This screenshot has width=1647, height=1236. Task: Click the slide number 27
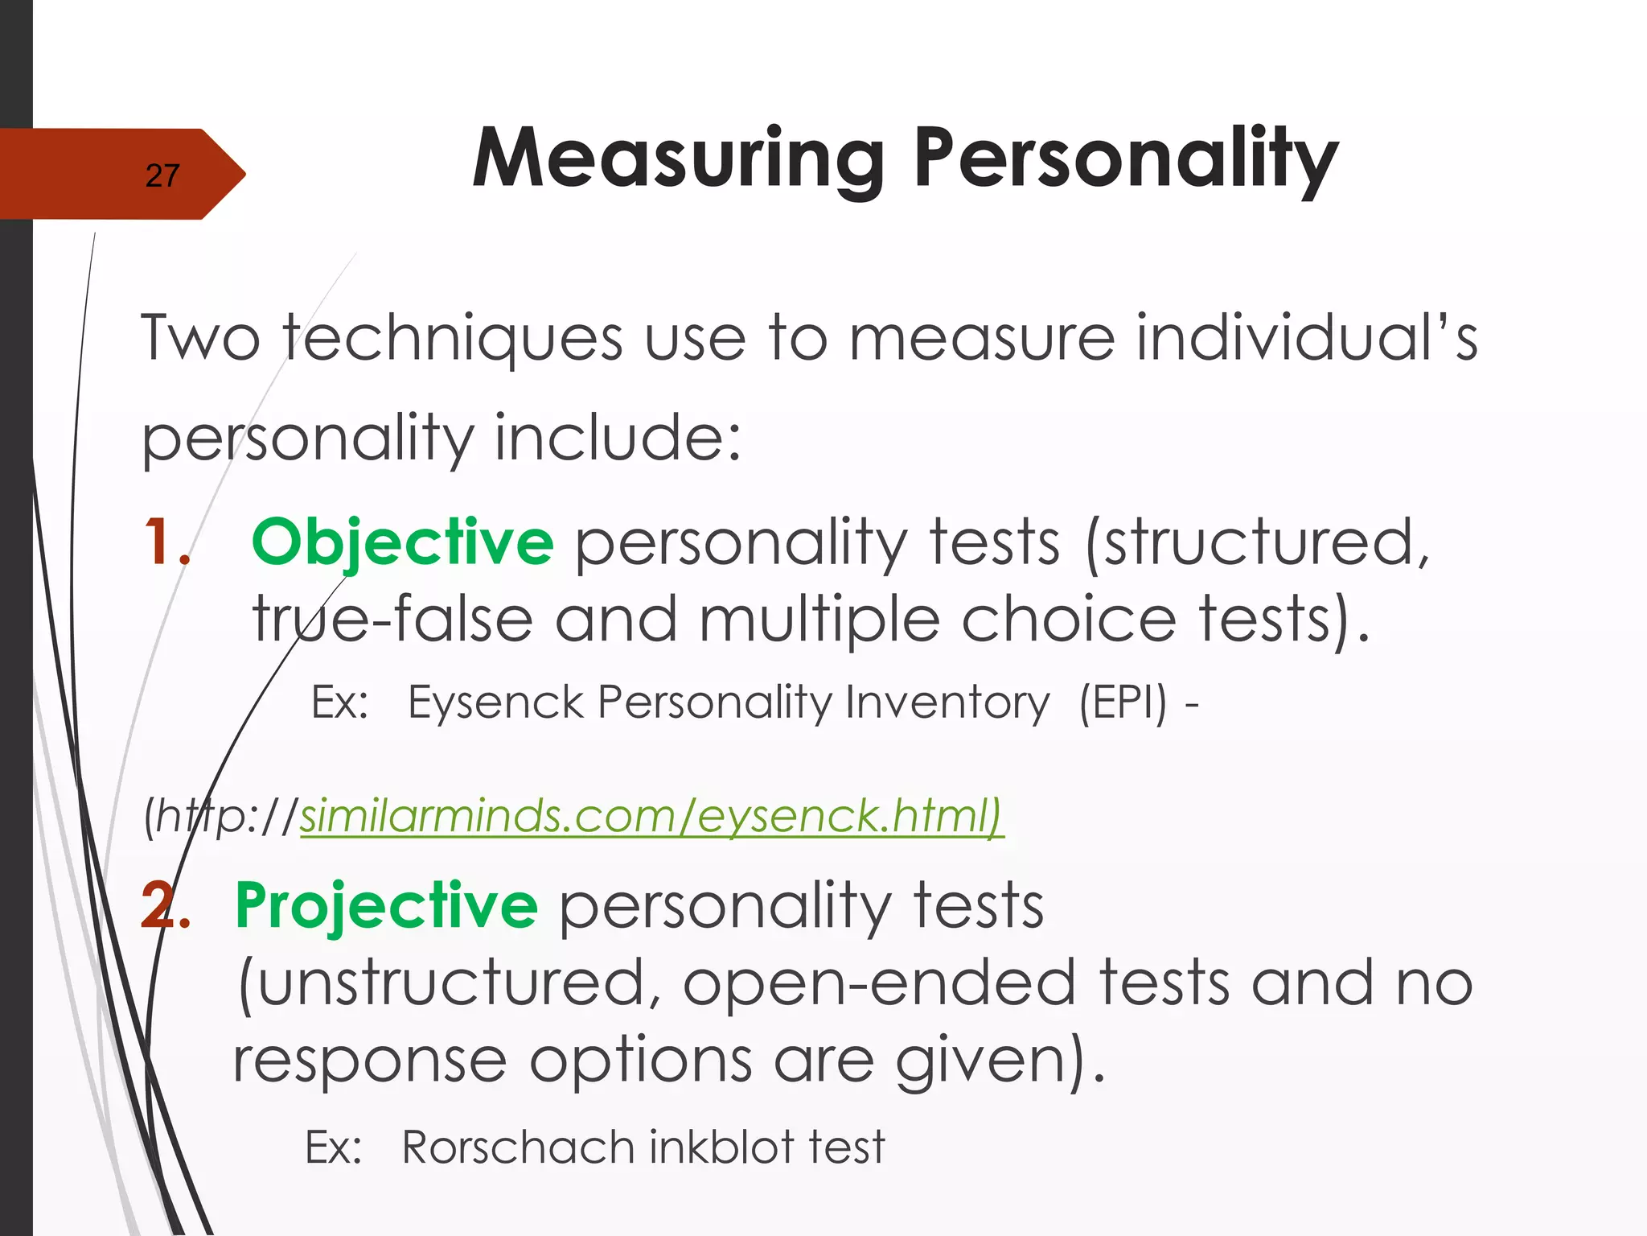[162, 175]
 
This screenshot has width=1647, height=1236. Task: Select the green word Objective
[402, 542]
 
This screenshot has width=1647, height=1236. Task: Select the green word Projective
[386, 906]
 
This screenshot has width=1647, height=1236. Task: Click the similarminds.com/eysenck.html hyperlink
[651, 816]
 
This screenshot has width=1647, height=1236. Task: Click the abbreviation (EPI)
[1123, 702]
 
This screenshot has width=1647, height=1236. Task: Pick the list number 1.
[165, 542]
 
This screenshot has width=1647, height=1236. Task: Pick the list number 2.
[165, 906]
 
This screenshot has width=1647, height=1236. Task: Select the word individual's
[1307, 339]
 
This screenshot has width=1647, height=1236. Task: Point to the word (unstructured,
[450, 983]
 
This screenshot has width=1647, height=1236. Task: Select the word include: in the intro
[617, 439]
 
